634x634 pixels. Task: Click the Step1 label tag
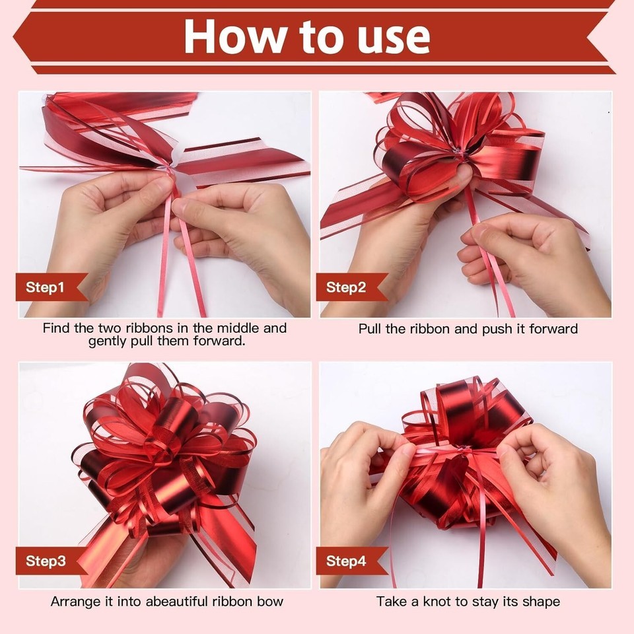[51, 287]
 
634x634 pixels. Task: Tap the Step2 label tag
[351, 287]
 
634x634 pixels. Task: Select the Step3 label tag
[51, 561]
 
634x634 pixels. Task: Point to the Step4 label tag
[351, 561]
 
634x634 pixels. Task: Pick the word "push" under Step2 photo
[498, 329]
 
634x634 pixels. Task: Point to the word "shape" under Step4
[541, 602]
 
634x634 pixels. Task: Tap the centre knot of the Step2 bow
[460, 153]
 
